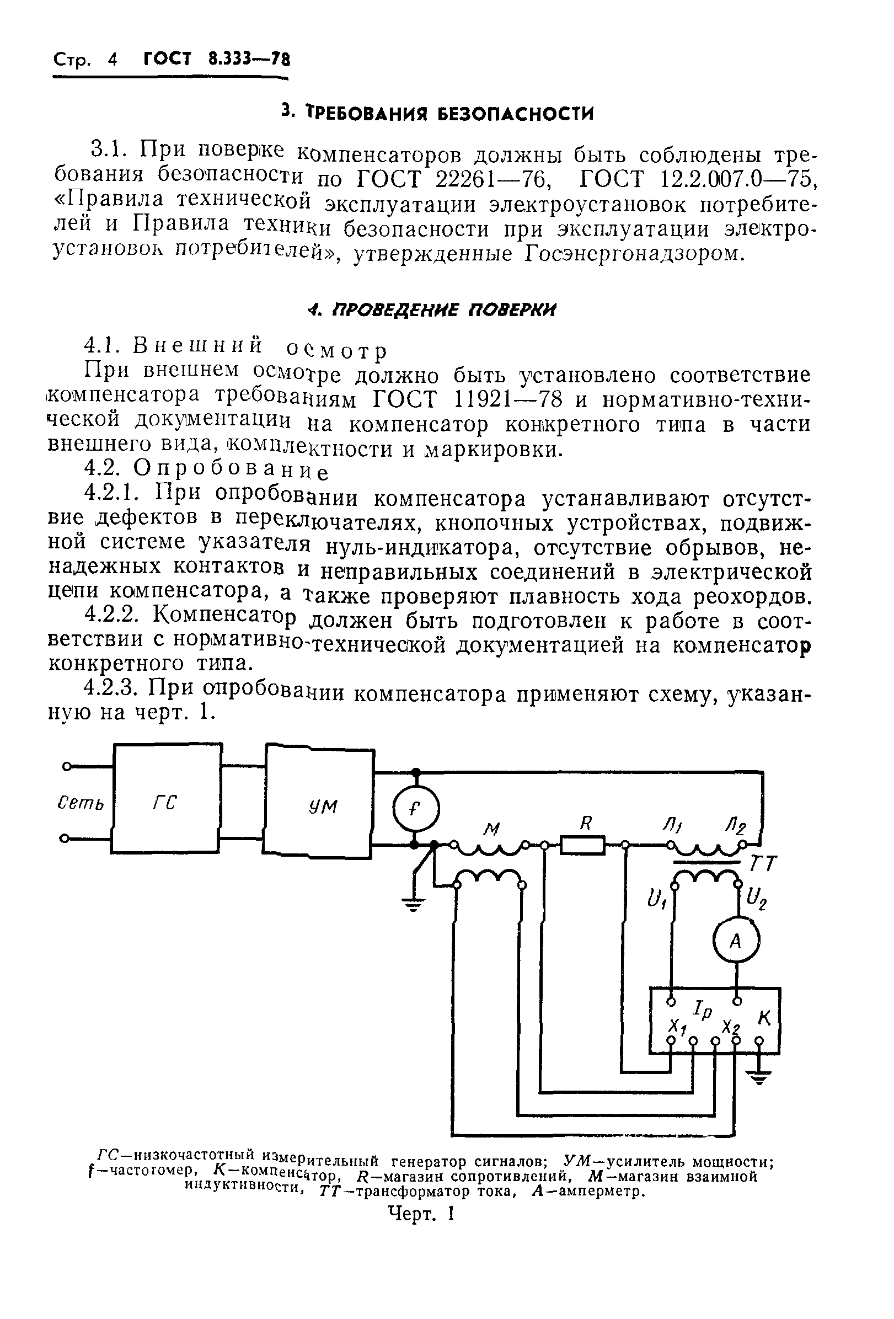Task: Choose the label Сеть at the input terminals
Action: point(82,803)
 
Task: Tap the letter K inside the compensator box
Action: point(763,1019)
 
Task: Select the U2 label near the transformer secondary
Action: point(757,899)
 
